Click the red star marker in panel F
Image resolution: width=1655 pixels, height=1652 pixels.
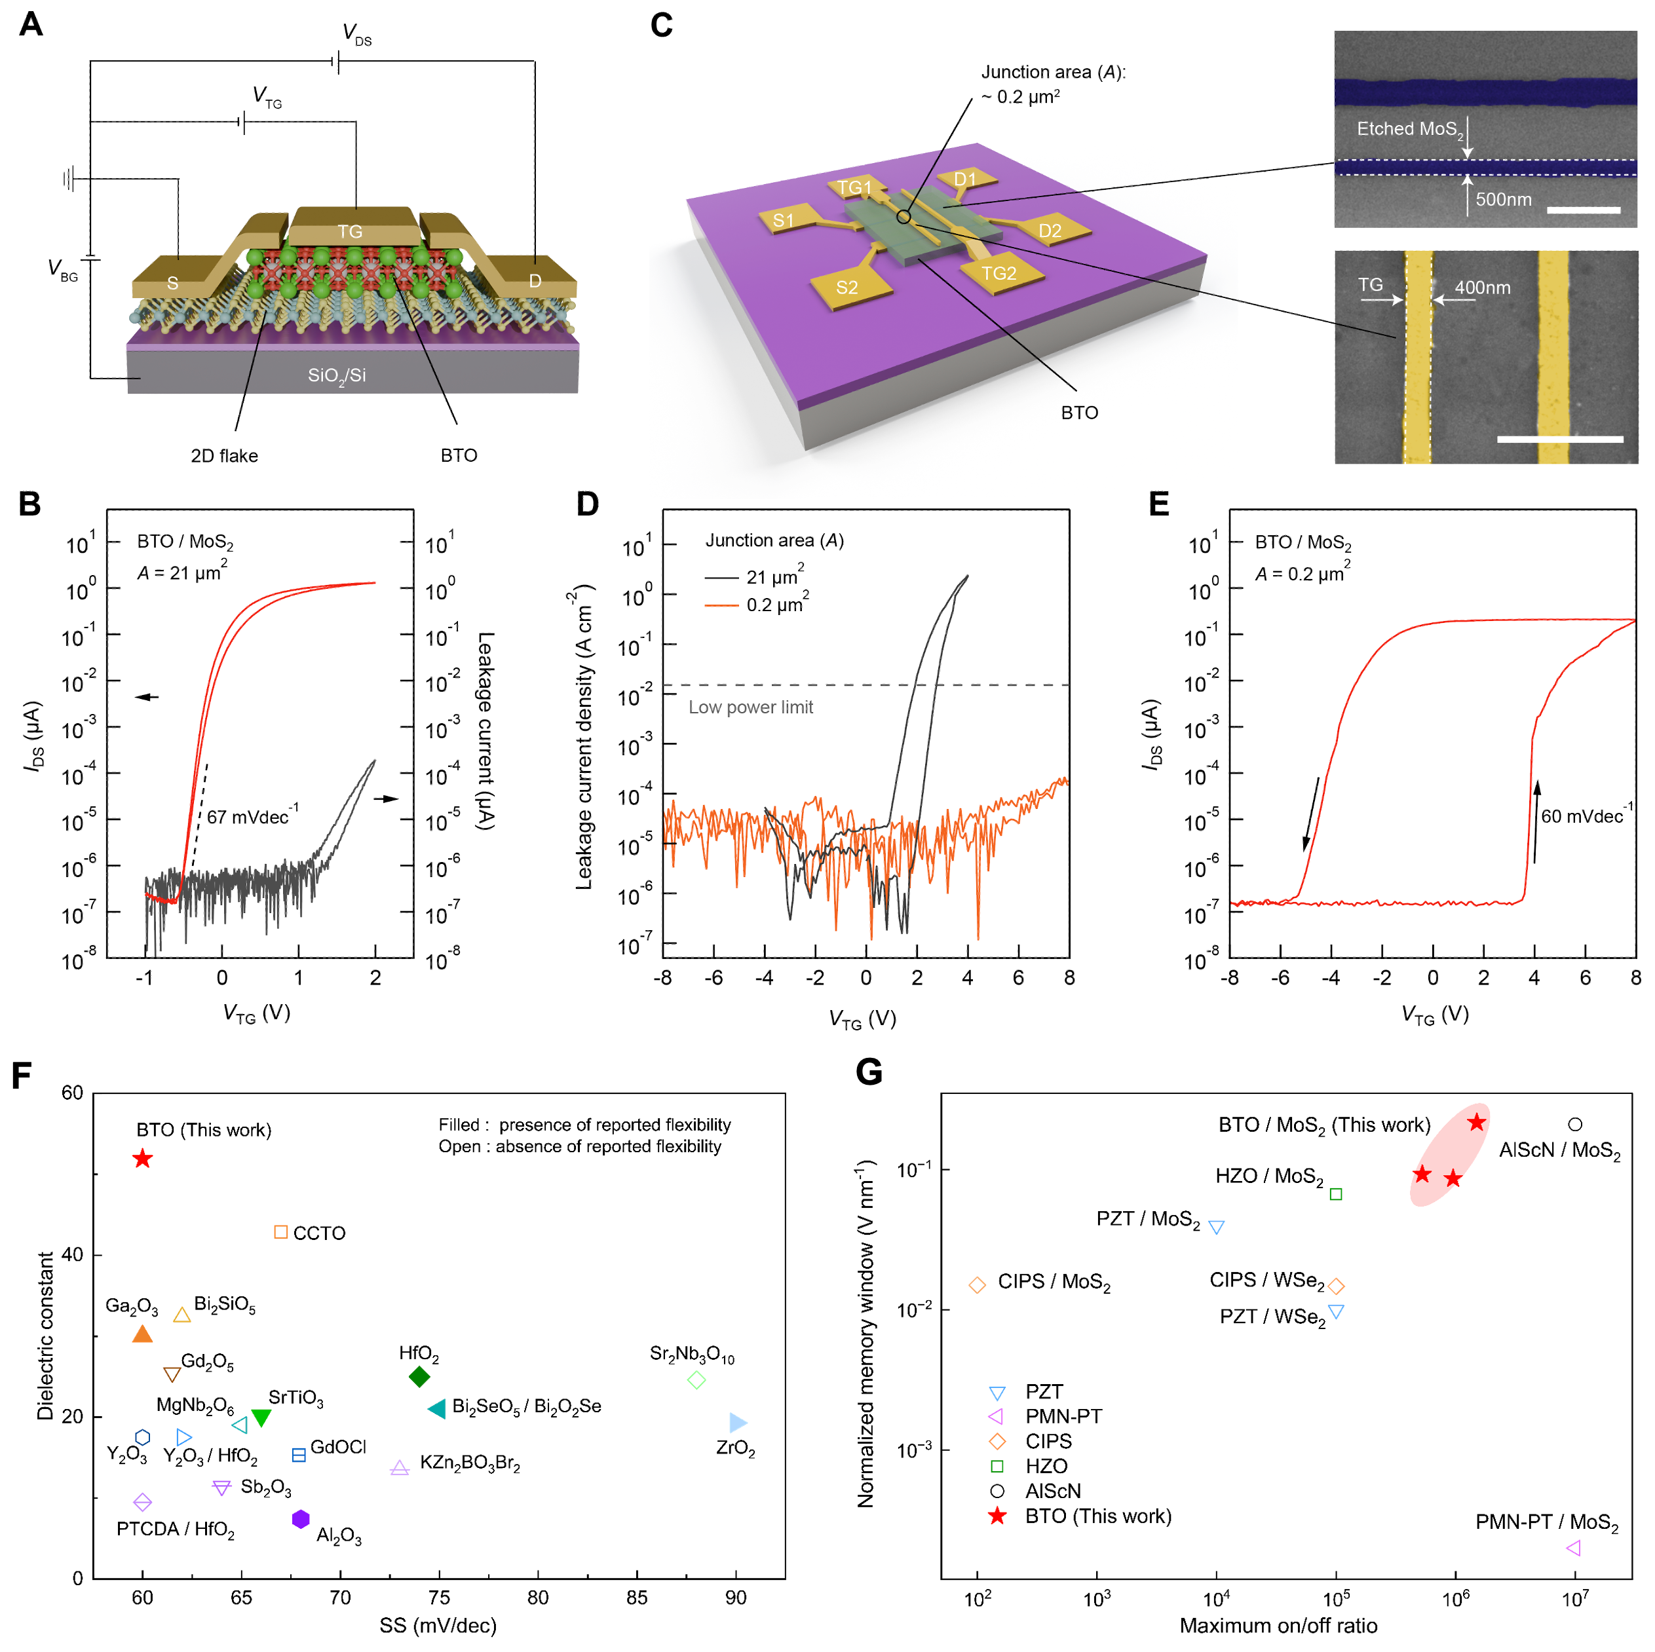pos(142,1159)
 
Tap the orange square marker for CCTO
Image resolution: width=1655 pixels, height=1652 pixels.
pos(280,1231)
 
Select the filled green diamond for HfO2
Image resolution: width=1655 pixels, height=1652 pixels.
pos(419,1376)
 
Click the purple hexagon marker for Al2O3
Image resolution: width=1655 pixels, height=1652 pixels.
pos(301,1518)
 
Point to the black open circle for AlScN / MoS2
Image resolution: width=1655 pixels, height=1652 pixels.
pos(1574,1123)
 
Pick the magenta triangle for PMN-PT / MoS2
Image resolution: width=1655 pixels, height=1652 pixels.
pos(1572,1547)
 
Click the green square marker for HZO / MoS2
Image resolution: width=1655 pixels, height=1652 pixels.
pos(1335,1194)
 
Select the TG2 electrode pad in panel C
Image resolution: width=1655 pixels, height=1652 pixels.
pos(1000,274)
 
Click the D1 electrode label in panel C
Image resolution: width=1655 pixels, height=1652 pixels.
pos(966,179)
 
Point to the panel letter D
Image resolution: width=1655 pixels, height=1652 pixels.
pos(587,504)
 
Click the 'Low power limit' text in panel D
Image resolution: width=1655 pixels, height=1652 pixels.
pos(750,707)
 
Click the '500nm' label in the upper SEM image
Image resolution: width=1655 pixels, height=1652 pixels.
pos(1504,200)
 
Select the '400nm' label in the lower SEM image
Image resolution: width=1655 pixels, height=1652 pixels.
pos(1482,288)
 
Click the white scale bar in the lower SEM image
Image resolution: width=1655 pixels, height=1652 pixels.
pos(1559,440)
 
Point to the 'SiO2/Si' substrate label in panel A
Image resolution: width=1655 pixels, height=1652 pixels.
pos(337,375)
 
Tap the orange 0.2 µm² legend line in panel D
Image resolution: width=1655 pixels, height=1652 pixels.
pos(721,605)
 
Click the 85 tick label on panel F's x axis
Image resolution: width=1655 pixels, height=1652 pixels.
pos(636,1597)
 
